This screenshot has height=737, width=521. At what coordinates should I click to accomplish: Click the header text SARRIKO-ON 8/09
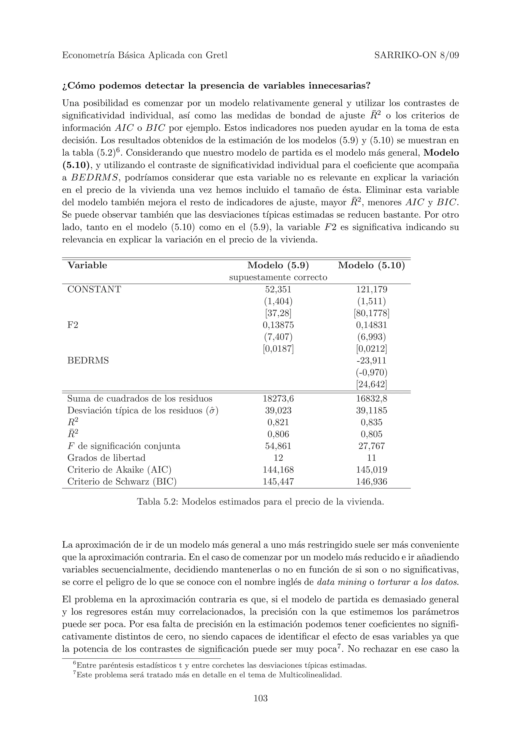pyautogui.click(x=416, y=55)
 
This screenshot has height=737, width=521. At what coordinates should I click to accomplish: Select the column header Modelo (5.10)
pyautogui.click(x=371, y=266)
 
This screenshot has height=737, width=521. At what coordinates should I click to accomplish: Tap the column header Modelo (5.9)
pyautogui.click(x=278, y=266)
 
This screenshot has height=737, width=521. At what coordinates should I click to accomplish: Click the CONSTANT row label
pyautogui.click(x=94, y=289)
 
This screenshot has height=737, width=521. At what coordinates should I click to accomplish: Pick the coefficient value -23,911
pyautogui.click(x=371, y=360)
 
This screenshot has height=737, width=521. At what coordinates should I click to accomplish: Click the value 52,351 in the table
pyautogui.click(x=278, y=289)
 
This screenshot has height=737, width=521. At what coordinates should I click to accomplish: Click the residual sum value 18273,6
pyautogui.click(x=278, y=399)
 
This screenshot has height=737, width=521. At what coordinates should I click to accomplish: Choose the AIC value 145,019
pyautogui.click(x=371, y=470)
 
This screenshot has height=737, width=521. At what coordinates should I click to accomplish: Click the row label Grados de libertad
pyautogui.click(x=106, y=458)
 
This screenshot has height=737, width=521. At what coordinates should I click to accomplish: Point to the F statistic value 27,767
pyautogui.click(x=371, y=446)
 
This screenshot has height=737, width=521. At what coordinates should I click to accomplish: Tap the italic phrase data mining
pyautogui.click(x=342, y=582)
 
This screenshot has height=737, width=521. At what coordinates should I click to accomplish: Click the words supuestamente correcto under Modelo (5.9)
pyautogui.click(x=278, y=278)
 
